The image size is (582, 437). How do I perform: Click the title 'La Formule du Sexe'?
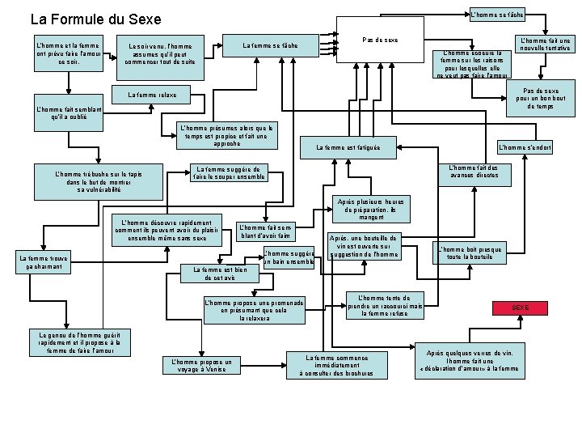tap(95, 19)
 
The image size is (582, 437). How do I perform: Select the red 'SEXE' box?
tap(520, 308)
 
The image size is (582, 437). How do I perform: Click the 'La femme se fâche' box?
tap(271, 45)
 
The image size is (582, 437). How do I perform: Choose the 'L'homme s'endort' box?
tap(525, 147)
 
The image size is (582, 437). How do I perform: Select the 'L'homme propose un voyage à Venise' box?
tap(198, 366)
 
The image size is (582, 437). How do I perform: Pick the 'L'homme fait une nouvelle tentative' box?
tap(545, 45)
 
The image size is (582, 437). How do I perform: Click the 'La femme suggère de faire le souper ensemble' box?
tap(228, 173)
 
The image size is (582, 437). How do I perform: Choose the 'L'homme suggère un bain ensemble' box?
tap(288, 258)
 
